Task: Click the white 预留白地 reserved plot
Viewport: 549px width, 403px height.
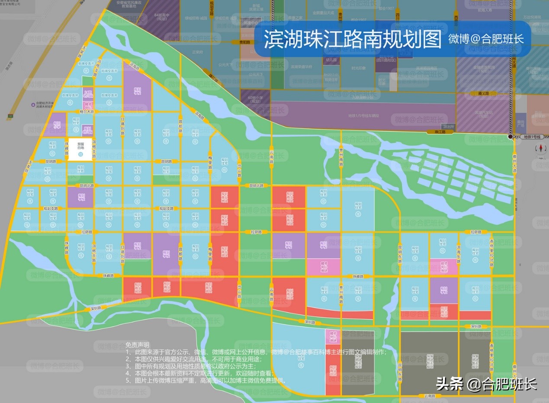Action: tap(80, 150)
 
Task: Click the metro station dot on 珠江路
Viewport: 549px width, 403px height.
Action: tap(511, 137)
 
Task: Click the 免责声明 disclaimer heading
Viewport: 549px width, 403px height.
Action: tap(138, 345)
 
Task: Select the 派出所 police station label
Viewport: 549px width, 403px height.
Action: tap(449, 126)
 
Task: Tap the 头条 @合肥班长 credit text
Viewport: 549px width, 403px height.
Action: tap(486, 384)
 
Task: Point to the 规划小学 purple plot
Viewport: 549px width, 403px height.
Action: tap(57, 125)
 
